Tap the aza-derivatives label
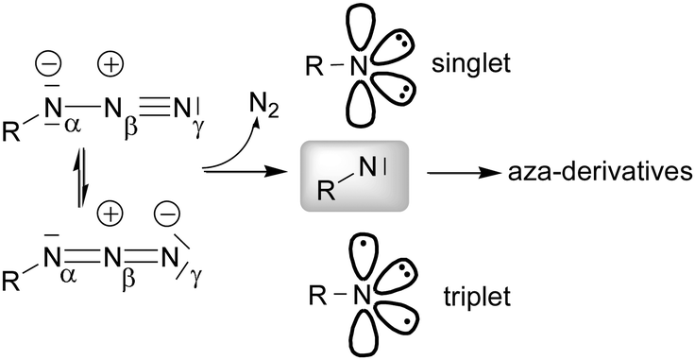pos(604,172)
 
